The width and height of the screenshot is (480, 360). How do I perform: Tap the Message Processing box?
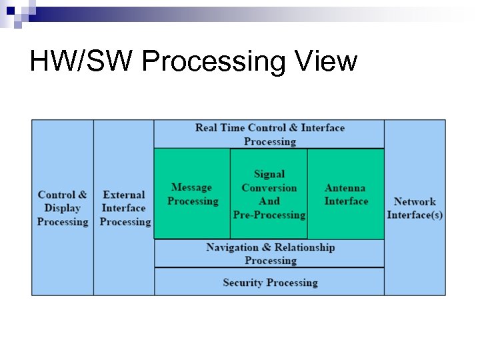click(192, 194)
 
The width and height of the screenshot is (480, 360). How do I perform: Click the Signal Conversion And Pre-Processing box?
click(269, 194)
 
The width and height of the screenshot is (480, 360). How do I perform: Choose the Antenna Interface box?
click(345, 194)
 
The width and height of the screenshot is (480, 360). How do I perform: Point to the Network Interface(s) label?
click(415, 208)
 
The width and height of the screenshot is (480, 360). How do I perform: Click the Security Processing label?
click(270, 282)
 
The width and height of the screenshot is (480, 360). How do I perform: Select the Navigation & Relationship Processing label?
click(270, 253)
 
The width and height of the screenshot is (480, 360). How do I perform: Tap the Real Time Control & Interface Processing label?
click(270, 134)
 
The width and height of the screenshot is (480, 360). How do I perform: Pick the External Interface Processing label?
click(125, 208)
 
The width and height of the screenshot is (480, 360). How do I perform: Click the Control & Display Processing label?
click(63, 208)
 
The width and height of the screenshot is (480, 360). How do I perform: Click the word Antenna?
click(345, 188)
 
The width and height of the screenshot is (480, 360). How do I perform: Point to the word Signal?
click(269, 174)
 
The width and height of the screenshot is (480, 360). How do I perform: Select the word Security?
click(243, 282)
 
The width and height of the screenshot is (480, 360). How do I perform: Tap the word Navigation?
click(234, 247)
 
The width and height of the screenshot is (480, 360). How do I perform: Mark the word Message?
click(191, 187)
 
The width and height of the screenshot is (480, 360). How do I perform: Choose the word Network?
click(415, 201)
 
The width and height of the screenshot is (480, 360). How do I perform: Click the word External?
click(124, 195)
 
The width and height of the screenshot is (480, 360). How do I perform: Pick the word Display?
click(63, 208)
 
